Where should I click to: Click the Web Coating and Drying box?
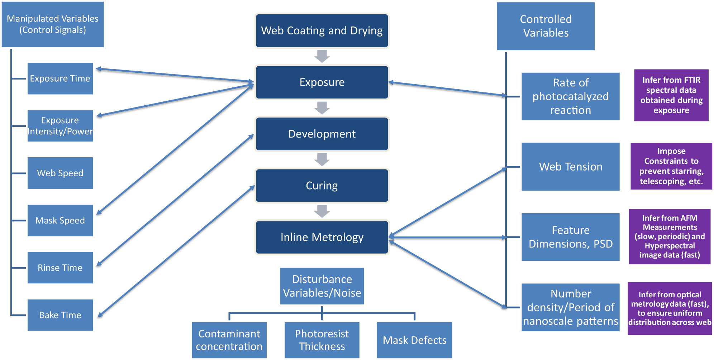[x=322, y=31]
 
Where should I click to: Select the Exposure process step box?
[x=322, y=82]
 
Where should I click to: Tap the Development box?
[x=322, y=134]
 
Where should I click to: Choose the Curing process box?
[x=322, y=186]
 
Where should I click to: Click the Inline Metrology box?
[x=322, y=237]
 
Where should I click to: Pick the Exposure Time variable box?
[x=60, y=78]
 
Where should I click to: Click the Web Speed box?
[x=60, y=173]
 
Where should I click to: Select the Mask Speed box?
[x=60, y=220]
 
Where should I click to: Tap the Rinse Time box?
[x=60, y=268]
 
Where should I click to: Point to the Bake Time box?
[x=60, y=315]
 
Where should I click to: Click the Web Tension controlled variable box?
[x=570, y=167]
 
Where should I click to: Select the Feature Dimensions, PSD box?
[x=570, y=237]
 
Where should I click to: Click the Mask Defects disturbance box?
[x=414, y=340]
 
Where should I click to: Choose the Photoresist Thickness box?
[x=322, y=340]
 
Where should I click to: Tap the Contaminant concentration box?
[x=229, y=340]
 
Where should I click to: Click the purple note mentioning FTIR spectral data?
[x=671, y=95]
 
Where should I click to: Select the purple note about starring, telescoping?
[x=671, y=166]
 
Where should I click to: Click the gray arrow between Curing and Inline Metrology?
[x=322, y=211]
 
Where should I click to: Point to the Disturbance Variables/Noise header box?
[x=322, y=286]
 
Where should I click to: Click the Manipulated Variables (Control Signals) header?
[x=53, y=24]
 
